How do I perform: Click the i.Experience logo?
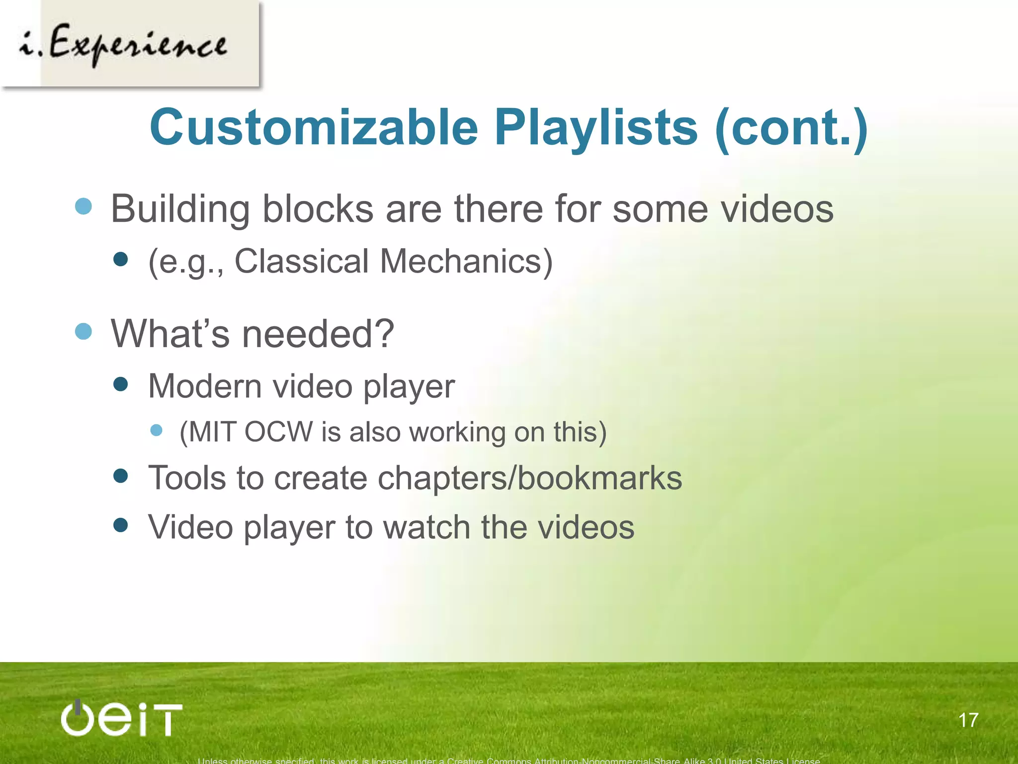coord(130,44)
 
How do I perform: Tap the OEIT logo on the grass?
coord(121,718)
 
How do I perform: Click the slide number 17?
coord(968,720)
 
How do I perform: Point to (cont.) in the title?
coord(790,128)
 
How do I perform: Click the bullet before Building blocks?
coord(84,206)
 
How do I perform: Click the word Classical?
coord(301,261)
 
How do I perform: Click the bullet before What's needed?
coord(84,331)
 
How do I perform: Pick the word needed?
coord(318,333)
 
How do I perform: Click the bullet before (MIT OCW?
coord(157,430)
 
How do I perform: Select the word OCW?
coord(278,431)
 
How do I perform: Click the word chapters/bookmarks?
coord(530,478)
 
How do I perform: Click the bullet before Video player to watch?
coord(121,525)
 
